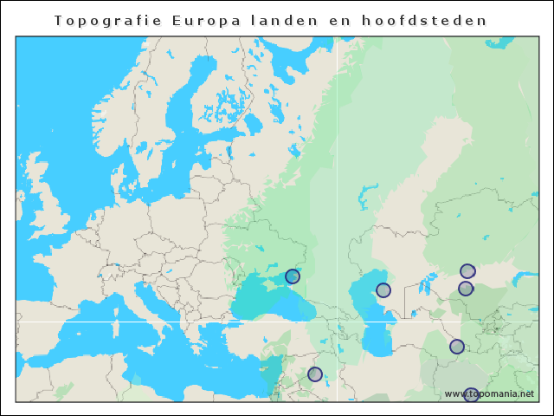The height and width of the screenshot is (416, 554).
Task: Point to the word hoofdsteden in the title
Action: coord(423,20)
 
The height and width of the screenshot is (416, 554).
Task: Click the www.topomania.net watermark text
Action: coord(489,393)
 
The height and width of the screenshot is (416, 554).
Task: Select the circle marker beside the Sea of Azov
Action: coord(293,276)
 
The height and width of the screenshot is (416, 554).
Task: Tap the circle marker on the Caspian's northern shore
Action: coord(383,290)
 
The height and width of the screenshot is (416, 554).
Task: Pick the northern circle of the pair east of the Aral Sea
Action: coord(467,271)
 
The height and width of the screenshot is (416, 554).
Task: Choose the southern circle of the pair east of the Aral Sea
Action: coord(466,289)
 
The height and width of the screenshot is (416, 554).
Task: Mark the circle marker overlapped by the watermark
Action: coord(471,395)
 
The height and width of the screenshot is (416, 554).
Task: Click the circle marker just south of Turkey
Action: coord(315,374)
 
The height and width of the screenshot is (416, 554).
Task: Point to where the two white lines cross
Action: coord(337,322)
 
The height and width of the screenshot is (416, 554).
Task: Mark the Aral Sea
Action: coord(424,283)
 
